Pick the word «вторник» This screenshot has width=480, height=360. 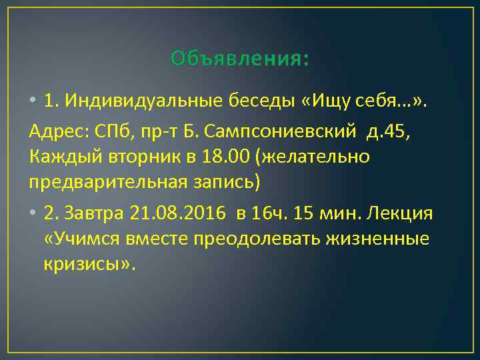click(129, 157)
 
